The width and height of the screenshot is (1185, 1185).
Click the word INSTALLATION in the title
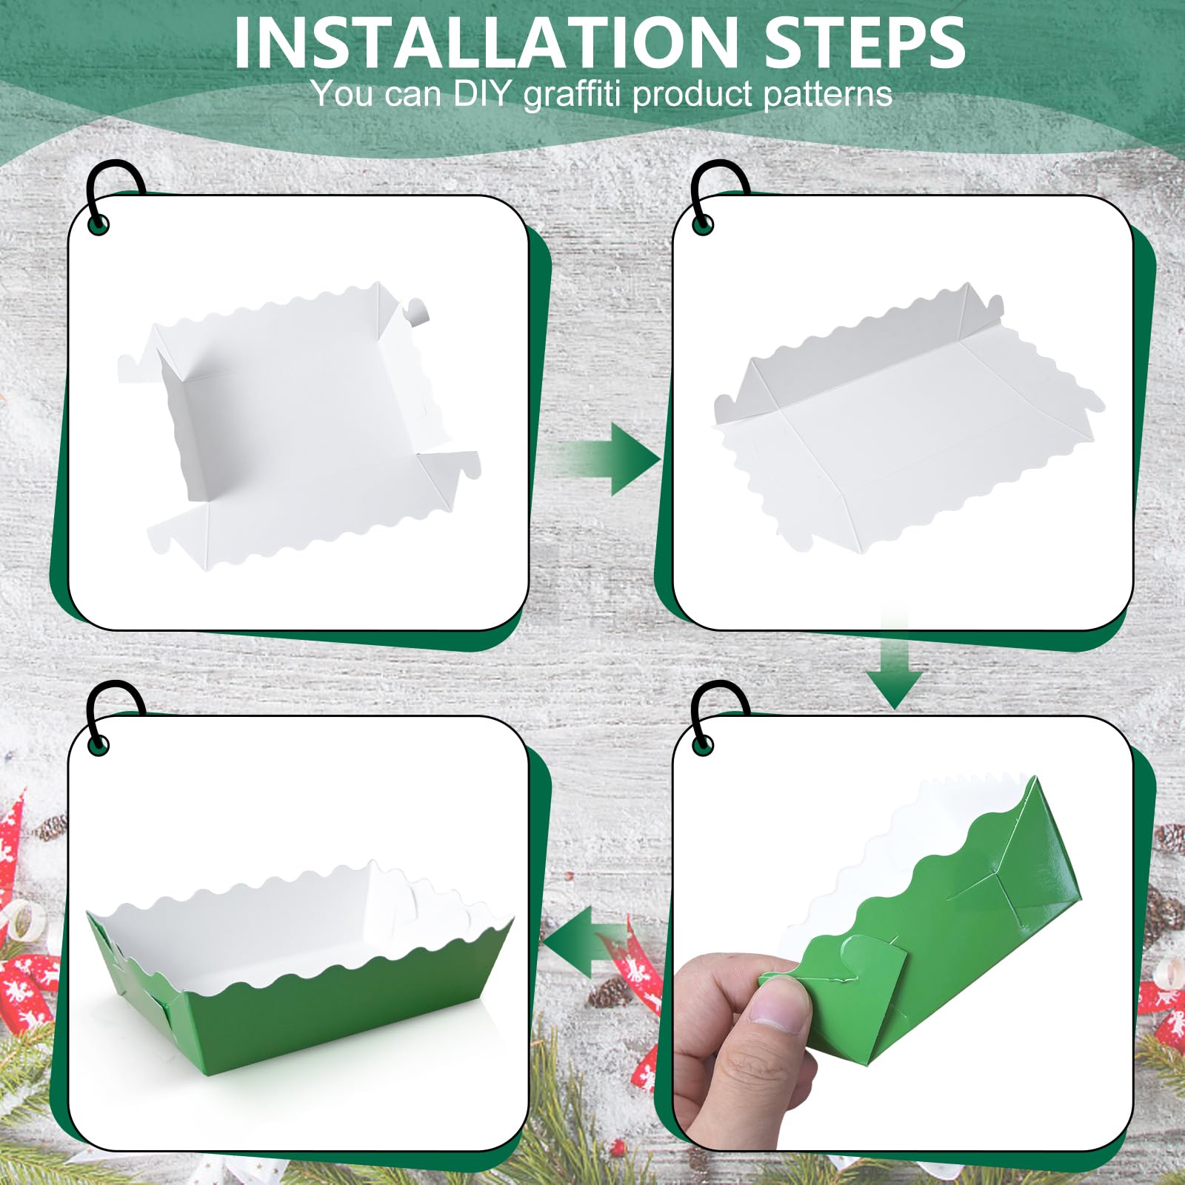[486, 42]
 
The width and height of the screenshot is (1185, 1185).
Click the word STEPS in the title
[864, 42]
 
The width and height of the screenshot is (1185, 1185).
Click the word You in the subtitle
[341, 93]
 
